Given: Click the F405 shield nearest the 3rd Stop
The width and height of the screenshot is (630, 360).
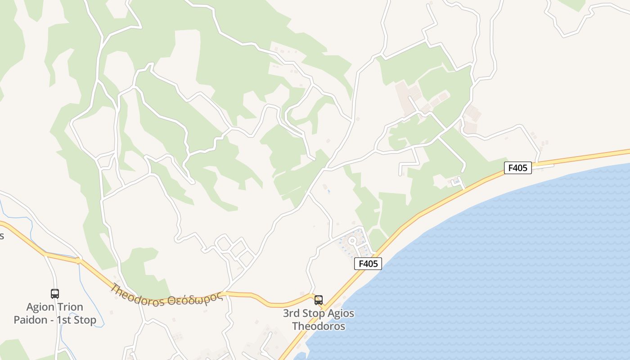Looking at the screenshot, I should tap(368, 264).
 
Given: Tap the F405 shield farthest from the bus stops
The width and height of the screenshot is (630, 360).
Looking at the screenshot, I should tap(517, 168).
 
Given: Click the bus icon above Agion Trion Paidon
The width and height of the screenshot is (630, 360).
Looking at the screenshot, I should tap(55, 294).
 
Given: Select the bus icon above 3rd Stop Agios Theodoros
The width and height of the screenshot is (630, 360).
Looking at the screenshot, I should tap(319, 300).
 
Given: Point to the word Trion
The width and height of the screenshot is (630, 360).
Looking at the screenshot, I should tap(68, 307).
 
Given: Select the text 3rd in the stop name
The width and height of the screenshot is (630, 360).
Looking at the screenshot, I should tap(292, 313).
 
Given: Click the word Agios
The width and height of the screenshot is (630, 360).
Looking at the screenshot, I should tap(338, 313).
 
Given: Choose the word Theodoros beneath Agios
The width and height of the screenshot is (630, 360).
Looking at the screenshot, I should tap(319, 326).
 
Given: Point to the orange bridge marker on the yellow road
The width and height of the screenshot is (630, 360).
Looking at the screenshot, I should tap(78, 260).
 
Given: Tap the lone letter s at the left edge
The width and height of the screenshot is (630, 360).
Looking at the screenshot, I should tap(2, 236).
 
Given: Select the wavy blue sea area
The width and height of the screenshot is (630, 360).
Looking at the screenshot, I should tap(495, 270).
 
